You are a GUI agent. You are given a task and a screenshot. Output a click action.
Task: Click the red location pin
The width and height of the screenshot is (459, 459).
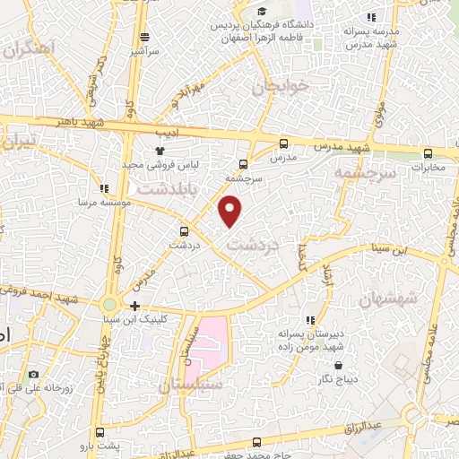pyautogui.click(x=230, y=211)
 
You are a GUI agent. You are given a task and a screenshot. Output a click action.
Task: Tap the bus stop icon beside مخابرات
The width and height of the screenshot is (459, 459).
pyautogui.click(x=428, y=152)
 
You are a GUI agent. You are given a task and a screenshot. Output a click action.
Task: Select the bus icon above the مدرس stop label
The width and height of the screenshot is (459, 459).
pyautogui.click(x=284, y=143)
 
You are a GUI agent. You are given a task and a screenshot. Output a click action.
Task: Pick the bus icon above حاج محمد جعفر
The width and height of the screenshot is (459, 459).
pyautogui.click(x=257, y=441)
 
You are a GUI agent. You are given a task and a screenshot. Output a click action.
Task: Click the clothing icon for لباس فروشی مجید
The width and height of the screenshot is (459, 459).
pyautogui.click(x=159, y=151)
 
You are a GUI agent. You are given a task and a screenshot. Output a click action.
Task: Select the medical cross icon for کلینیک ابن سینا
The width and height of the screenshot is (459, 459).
pyautogui.click(x=134, y=307)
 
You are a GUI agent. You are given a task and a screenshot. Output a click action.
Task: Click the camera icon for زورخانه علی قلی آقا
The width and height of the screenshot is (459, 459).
pyautogui.click(x=34, y=374)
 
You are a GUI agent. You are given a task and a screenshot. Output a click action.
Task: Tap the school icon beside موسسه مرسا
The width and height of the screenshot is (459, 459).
pyautogui.click(x=104, y=189)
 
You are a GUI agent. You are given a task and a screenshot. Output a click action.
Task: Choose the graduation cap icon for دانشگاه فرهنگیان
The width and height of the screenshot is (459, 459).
pyautogui.click(x=262, y=12)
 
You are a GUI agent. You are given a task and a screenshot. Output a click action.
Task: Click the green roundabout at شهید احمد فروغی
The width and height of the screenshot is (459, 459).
pyautogui.click(x=109, y=305)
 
